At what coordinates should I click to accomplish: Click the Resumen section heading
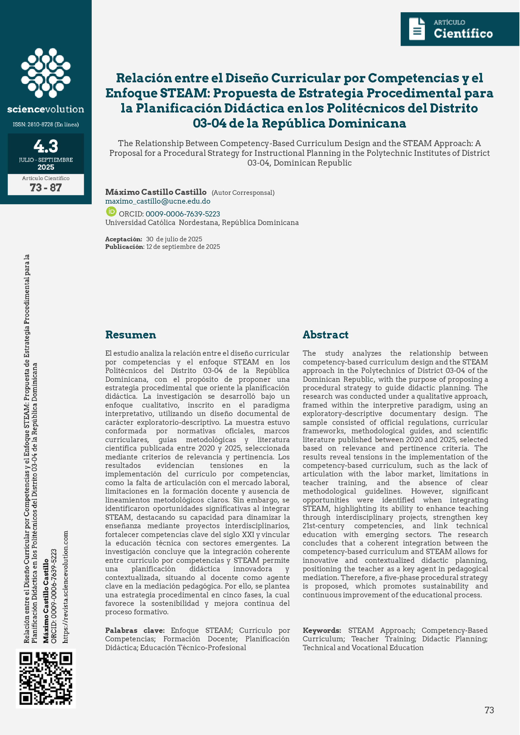point(131,334)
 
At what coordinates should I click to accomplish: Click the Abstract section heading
point(325,334)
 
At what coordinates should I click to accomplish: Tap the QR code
point(46,678)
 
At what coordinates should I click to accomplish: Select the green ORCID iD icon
point(111,211)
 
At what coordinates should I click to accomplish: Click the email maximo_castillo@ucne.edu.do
point(158,201)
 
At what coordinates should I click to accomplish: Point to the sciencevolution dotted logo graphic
point(46,73)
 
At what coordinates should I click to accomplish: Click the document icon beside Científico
point(417,29)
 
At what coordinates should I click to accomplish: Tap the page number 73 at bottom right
point(489,710)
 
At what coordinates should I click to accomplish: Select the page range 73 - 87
point(46,187)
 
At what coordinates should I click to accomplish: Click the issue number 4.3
point(46,146)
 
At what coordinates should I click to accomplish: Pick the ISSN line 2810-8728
point(46,124)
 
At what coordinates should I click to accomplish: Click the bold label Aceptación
point(124,239)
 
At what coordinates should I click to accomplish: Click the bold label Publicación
point(125,247)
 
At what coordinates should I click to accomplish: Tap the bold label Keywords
point(322,630)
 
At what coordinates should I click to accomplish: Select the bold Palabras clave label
point(135,630)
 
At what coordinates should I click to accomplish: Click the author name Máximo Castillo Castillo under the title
point(156,192)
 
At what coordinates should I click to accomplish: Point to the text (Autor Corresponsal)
point(243,193)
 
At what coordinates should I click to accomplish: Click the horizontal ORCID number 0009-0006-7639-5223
point(182,214)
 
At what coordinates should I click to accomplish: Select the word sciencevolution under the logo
point(46,109)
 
